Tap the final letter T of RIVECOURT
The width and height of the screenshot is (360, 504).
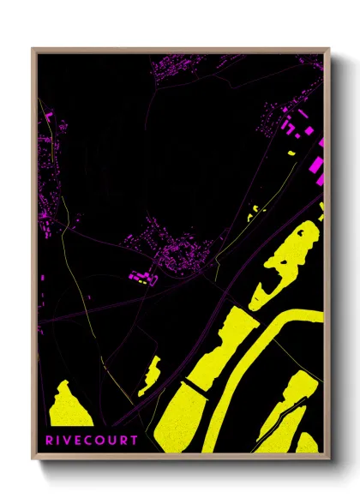(134, 441)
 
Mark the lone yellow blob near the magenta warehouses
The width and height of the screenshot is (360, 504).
(291, 153)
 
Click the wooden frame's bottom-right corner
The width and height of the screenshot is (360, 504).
(328, 453)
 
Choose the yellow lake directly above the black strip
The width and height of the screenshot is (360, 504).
(214, 351)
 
